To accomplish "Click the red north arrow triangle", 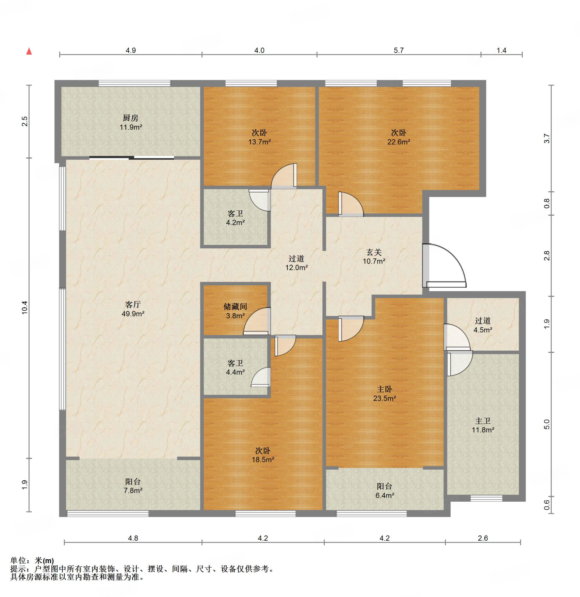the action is click(29, 51).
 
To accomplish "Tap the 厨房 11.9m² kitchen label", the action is click(131, 122).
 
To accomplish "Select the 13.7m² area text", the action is click(260, 142).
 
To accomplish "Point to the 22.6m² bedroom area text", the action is click(399, 142).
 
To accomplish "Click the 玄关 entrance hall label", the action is click(374, 252).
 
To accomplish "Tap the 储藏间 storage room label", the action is click(235, 307).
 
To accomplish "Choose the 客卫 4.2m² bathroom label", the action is click(235, 218).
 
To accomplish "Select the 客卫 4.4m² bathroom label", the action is click(235, 368).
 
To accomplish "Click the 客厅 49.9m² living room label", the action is click(133, 309).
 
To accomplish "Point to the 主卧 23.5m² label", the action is click(385, 394).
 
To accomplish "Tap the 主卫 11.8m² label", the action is click(483, 426).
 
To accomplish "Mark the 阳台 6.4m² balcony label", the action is click(385, 491).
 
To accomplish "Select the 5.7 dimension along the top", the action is click(399, 50).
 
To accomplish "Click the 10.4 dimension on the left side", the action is click(25, 308).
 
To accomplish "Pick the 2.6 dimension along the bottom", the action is click(483, 538).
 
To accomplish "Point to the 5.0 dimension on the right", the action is click(547, 425).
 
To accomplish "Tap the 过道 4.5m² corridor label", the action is click(483, 325).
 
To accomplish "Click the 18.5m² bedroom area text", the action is click(263, 460).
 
